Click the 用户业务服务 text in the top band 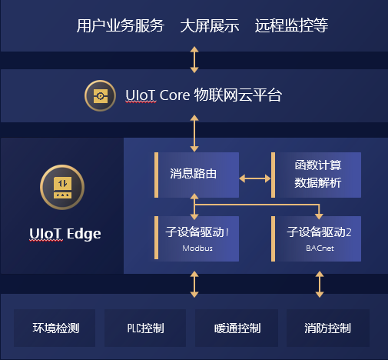tap(120, 25)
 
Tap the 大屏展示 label tap(210, 25)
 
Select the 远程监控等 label tap(291, 25)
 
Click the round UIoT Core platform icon tap(100, 95)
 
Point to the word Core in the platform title tap(174, 95)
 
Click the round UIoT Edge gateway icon tap(62, 187)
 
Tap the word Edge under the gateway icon tap(84, 235)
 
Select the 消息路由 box tap(197, 175)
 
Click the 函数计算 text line tap(318, 165)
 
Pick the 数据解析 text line tap(317, 183)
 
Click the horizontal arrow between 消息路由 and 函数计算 tap(255, 178)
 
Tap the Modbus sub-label tap(197, 248)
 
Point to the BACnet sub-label tap(320, 248)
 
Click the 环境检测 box tap(55, 328)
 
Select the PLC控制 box tap(145, 328)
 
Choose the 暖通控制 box tap(237, 328)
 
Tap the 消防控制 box tap(328, 328)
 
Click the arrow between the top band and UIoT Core tap(194, 59)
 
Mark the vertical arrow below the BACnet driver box tap(320, 285)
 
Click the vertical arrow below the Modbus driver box tap(194, 285)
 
